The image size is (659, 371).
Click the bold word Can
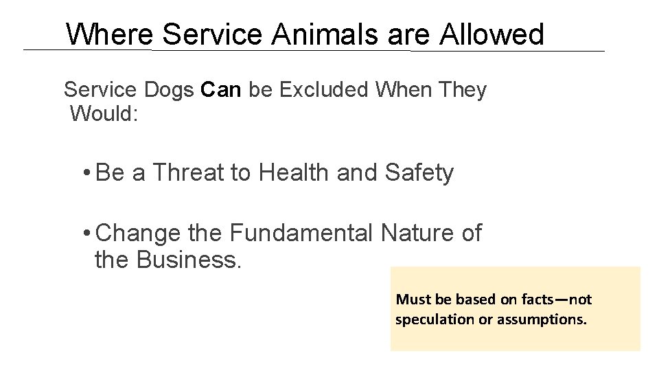click(222, 90)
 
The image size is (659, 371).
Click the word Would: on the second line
click(104, 113)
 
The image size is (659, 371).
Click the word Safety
click(419, 172)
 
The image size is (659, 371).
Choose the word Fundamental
click(302, 233)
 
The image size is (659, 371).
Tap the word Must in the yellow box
click(413, 300)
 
